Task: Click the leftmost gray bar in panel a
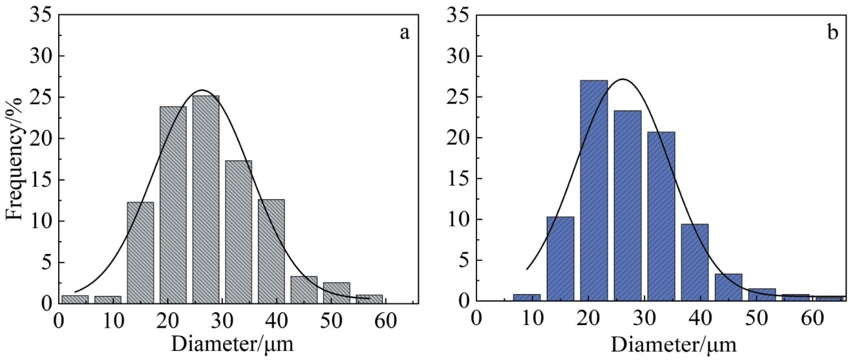(75, 299)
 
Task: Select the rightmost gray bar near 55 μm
(369, 299)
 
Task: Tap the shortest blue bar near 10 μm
(527, 298)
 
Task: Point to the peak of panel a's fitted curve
(202, 90)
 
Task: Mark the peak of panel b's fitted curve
(622, 79)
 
